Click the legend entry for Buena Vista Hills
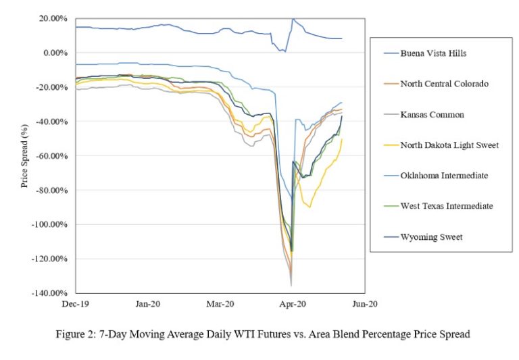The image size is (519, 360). coord(433,53)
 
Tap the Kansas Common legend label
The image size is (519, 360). coord(432,114)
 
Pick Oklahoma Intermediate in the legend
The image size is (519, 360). coord(443,175)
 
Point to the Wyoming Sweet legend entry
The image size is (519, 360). coord(428,236)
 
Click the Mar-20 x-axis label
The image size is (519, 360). coord(220,305)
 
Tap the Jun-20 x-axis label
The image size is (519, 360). coord(365,305)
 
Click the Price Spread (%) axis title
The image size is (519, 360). coord(25,155)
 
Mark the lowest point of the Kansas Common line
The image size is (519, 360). coord(291,285)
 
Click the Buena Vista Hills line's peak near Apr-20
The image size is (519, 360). coord(293,19)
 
